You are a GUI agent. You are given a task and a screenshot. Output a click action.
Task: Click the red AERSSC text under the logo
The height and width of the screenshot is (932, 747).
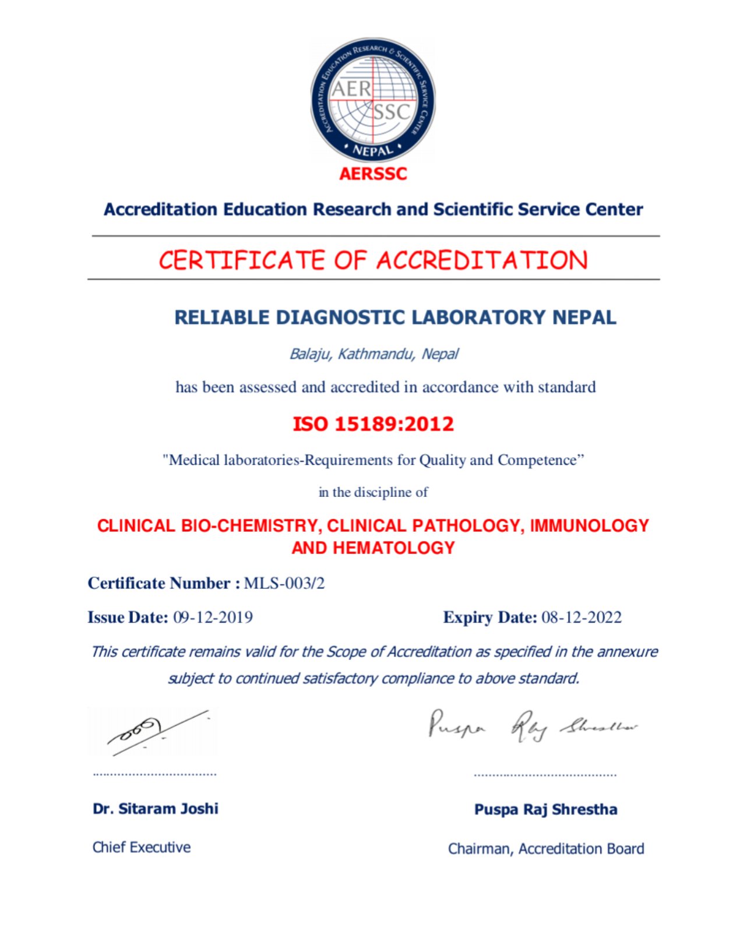click(x=373, y=174)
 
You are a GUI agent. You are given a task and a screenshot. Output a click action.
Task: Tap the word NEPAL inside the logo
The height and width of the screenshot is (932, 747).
click(x=373, y=150)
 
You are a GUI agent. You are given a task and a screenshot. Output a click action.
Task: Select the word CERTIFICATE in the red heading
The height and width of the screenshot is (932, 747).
click(x=241, y=260)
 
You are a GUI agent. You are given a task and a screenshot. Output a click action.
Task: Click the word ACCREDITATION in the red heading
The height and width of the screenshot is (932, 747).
click(x=482, y=260)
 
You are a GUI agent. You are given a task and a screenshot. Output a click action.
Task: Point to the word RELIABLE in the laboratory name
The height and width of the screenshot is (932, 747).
click(x=222, y=317)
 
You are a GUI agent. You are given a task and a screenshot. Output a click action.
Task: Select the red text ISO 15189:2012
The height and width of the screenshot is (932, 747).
click(x=373, y=423)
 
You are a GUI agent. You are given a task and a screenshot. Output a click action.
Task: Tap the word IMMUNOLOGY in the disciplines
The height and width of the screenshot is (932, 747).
click(x=589, y=525)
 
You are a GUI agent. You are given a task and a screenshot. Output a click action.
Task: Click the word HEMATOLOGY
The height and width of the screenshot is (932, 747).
click(x=394, y=548)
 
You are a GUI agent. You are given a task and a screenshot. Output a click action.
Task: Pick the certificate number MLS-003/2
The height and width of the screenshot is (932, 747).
click(x=284, y=583)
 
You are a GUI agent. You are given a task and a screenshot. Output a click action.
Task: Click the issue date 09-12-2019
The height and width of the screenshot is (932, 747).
click(x=213, y=617)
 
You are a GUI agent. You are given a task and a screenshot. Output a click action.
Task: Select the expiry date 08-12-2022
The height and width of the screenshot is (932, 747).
click(x=582, y=617)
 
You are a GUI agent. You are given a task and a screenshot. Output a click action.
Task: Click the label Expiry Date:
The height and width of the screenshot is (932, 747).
click(x=490, y=617)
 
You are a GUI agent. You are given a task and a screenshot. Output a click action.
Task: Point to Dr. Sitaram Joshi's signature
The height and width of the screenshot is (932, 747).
click(x=153, y=731)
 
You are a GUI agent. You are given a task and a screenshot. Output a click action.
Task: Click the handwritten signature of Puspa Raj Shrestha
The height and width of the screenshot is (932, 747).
click(x=533, y=726)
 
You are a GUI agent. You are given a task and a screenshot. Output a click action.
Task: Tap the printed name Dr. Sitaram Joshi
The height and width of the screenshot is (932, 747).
click(x=156, y=809)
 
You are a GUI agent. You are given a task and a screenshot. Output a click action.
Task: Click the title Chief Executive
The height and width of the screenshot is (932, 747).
click(x=142, y=847)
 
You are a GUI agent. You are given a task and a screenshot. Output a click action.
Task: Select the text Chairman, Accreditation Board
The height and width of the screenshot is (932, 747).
click(x=546, y=849)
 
